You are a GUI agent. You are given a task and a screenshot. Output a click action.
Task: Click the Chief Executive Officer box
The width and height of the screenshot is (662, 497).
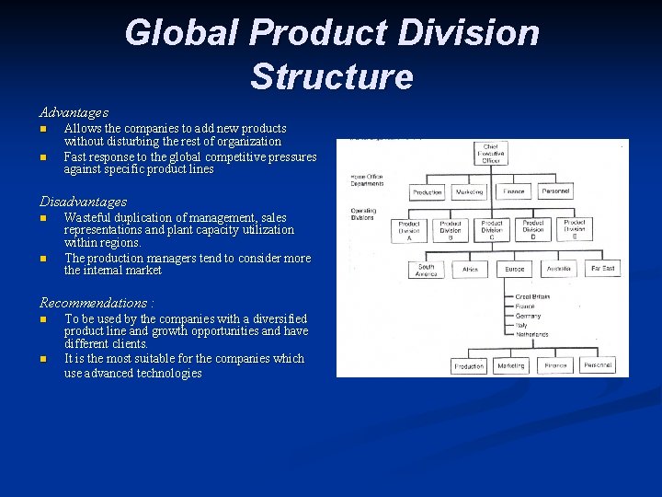tap(492, 153)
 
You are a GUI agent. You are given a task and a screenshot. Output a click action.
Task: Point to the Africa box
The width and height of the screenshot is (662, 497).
tap(470, 270)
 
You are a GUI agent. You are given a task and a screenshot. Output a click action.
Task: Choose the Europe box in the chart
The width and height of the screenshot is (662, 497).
tap(514, 270)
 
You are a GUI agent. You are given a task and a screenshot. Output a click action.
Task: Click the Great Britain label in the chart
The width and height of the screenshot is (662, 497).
tap(533, 296)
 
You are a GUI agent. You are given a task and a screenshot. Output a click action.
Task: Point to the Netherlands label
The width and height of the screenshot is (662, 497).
tap(533, 335)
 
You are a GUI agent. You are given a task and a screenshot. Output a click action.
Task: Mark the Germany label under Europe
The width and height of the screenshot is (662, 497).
tap(529, 316)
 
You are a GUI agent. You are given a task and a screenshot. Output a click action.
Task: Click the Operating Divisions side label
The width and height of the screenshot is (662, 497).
tap(363, 214)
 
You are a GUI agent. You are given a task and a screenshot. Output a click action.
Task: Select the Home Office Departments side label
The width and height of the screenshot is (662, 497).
tap(368, 179)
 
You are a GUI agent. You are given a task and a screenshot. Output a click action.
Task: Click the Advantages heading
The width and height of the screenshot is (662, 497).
tap(74, 112)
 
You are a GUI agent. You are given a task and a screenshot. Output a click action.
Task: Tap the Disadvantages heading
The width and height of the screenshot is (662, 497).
tap(83, 202)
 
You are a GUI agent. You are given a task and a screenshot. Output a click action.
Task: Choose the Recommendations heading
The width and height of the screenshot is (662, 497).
tap(97, 303)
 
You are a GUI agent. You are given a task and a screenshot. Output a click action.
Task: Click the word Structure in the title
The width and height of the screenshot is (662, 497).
tap(331, 76)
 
